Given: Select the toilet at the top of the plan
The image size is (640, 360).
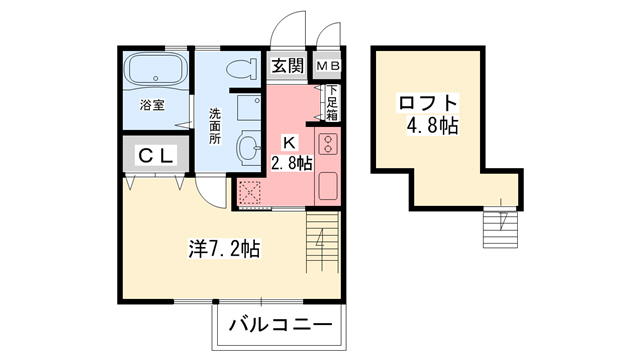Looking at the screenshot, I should tap(239, 70).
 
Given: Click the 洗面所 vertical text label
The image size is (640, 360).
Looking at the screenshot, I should tap(215, 126).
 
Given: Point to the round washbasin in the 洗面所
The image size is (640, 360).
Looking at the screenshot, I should tap(247, 148).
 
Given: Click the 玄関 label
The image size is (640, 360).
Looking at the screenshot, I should tap(288, 67).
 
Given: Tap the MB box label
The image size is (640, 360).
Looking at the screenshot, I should tap(328, 67).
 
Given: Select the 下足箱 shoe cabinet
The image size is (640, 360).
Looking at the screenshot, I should tap(331, 101).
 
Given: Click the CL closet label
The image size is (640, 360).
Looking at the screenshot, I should tap(157, 155).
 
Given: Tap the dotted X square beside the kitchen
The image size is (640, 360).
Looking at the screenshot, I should tap(250, 191).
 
